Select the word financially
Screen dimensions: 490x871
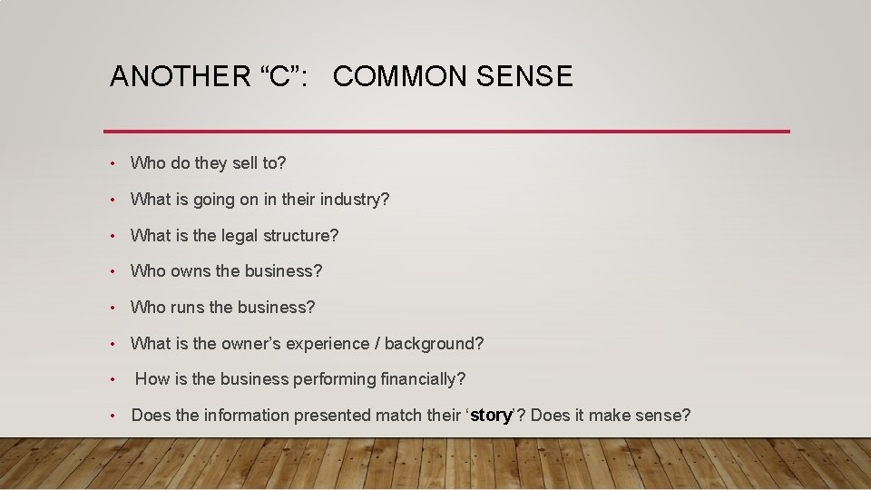point(423,379)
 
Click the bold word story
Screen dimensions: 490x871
point(491,416)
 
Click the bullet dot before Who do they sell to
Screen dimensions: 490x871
point(111,164)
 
